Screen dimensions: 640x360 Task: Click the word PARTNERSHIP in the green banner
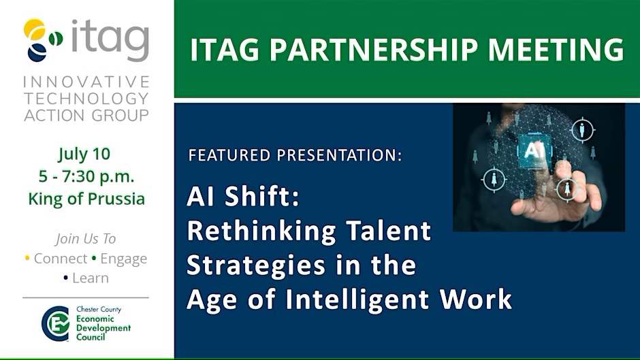tap(374, 50)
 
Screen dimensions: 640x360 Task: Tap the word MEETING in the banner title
tap(556, 50)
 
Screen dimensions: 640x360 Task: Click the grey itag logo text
tap(110, 39)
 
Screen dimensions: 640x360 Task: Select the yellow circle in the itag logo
tap(34, 29)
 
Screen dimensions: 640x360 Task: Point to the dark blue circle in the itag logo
tap(37, 52)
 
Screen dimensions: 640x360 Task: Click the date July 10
tap(84, 154)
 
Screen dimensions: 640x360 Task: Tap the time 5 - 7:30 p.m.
tap(86, 177)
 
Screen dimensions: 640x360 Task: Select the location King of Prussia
tap(86, 199)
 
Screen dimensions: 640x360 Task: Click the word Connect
tap(61, 259)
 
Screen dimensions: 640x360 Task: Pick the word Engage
tap(124, 259)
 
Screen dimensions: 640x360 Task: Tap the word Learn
tap(91, 278)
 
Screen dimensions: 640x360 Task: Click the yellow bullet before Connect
tap(27, 258)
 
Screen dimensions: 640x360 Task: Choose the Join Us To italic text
tap(86, 239)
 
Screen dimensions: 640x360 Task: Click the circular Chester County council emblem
tap(56, 323)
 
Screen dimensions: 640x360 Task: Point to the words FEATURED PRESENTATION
tap(295, 155)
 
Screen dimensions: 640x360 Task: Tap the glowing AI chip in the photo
tap(534, 150)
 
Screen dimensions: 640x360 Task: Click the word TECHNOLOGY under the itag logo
tap(86, 99)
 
